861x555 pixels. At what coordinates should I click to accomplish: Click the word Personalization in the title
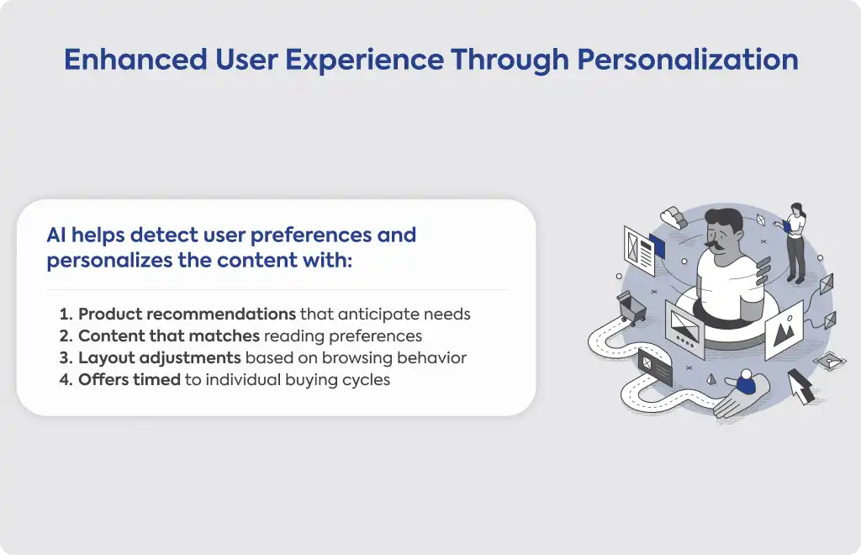688,60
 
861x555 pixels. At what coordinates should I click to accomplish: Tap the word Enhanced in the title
135,60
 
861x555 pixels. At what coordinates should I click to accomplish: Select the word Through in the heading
510,60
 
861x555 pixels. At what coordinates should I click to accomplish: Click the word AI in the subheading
56,235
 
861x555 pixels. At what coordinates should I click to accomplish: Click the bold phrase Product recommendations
188,314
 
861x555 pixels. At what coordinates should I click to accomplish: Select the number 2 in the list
66,336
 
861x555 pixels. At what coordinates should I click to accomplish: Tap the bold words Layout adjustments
160,358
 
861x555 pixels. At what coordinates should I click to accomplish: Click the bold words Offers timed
129,380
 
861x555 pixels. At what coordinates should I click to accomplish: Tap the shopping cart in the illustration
632,308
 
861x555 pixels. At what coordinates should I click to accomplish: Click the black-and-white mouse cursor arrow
801,386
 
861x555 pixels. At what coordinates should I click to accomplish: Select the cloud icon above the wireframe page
673,218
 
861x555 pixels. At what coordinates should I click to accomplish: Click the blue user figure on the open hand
746,382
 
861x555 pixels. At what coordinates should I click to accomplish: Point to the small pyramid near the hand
711,379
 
